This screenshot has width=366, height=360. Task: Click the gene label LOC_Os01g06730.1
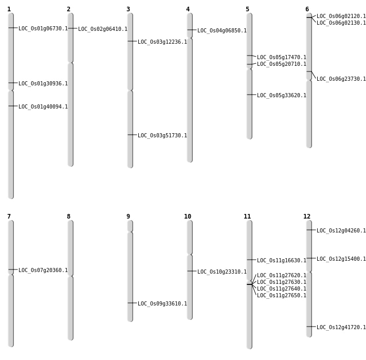[43, 29]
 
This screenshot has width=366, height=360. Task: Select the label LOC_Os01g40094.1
[43, 107]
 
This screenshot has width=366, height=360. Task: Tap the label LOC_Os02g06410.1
[103, 29]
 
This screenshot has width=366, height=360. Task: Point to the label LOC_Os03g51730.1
[162, 136]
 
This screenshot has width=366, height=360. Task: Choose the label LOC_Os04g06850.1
[222, 31]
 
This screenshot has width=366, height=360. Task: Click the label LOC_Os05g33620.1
[282, 96]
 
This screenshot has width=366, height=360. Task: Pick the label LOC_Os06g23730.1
[341, 79]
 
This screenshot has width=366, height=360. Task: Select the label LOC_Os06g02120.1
[341, 16]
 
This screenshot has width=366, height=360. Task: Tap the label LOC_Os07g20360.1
[43, 271]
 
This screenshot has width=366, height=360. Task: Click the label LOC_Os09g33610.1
[162, 304]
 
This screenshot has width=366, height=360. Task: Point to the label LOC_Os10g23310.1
[222, 272]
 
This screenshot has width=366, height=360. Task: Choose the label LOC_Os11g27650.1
[282, 296]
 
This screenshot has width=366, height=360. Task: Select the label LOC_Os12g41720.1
[341, 328]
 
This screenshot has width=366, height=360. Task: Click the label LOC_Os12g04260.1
[341, 231]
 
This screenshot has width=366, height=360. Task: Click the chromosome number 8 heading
[68, 217]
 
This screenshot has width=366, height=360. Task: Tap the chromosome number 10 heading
[188, 217]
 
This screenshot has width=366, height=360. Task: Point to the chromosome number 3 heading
[128, 9]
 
